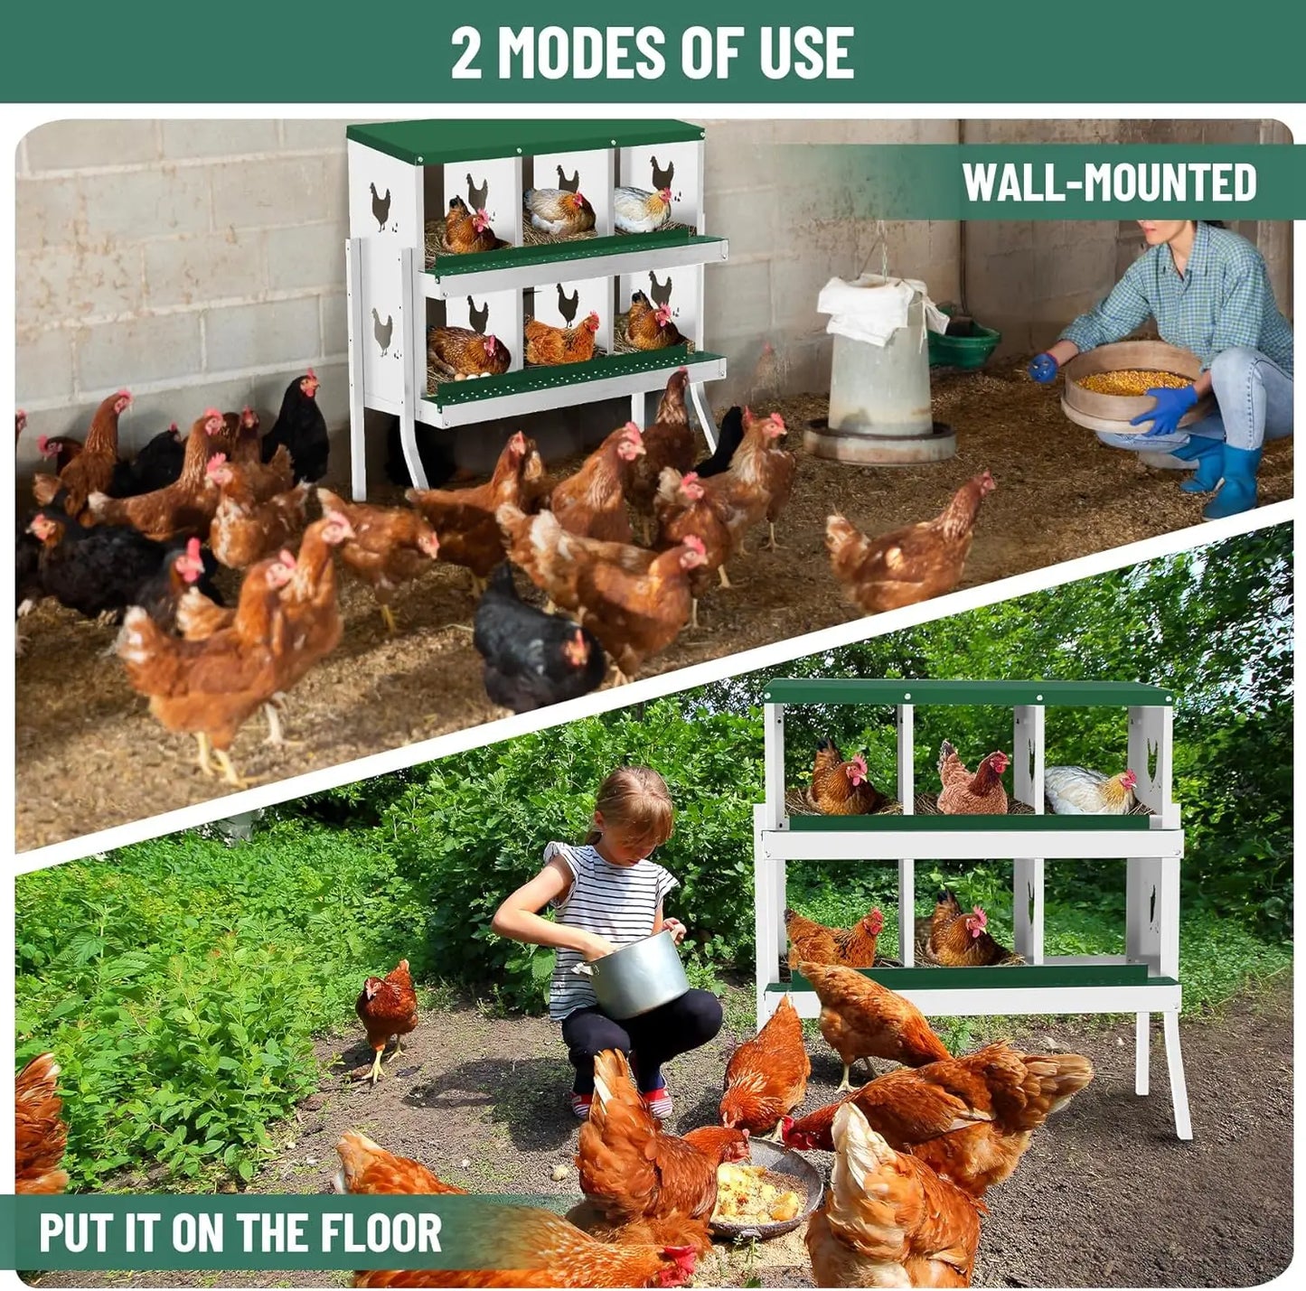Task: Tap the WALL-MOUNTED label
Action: pos(1109,182)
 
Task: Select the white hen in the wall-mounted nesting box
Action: pos(641,210)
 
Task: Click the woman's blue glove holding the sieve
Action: pos(1165,408)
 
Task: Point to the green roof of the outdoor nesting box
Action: pos(967,693)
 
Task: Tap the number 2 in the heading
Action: pos(466,52)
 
